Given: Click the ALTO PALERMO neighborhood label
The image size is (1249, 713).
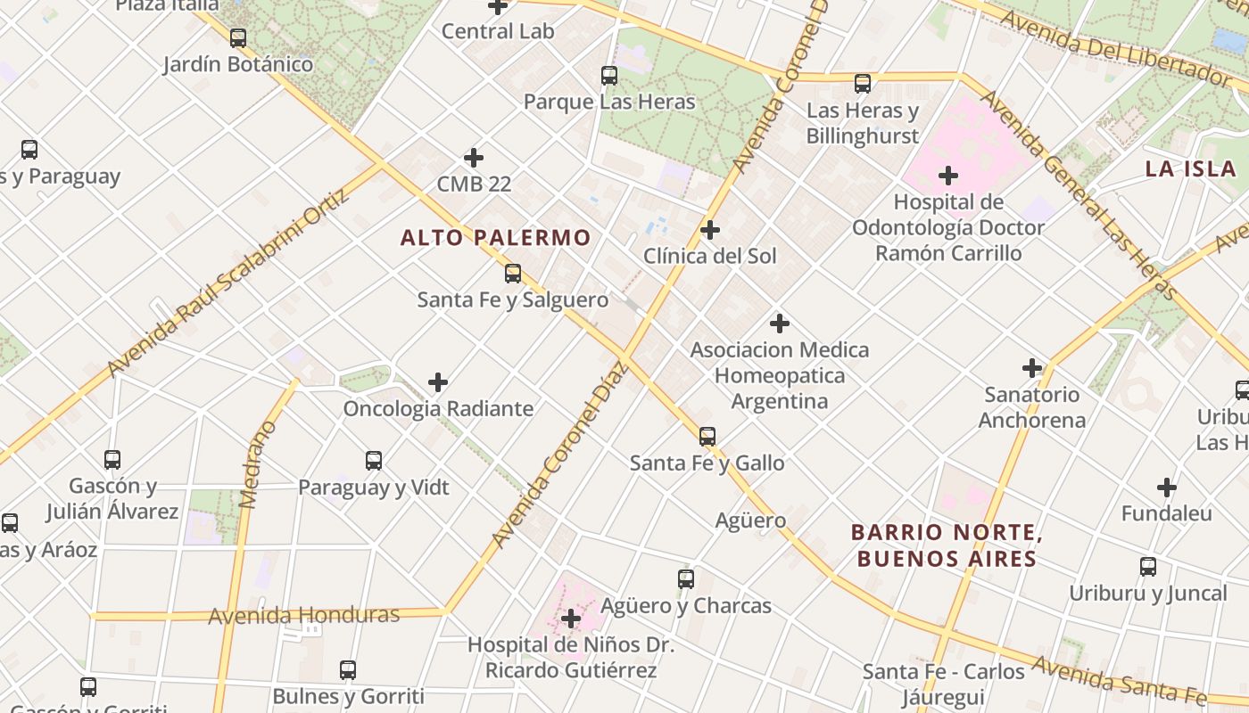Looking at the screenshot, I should (495, 238).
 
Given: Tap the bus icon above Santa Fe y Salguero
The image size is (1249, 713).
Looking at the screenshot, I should (513, 274).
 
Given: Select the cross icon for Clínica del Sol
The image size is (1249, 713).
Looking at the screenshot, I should (710, 230).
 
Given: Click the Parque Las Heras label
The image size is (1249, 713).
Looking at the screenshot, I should (609, 102).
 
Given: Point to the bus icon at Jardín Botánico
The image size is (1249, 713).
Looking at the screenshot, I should (238, 38).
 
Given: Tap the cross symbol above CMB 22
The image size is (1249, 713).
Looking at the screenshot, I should (474, 158).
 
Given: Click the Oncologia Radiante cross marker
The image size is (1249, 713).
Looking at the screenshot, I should (438, 382).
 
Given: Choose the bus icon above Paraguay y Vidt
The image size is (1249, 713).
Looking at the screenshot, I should (374, 461).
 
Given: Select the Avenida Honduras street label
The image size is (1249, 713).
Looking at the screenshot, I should (303, 616).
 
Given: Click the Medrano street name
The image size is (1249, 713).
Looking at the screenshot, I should (259, 465).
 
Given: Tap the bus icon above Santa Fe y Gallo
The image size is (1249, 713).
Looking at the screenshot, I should (707, 437).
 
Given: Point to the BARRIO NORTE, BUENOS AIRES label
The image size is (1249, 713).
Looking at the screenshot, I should (947, 545).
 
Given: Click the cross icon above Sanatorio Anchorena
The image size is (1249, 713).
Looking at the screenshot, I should (1032, 367).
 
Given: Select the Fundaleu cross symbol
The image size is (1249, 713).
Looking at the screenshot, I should (1167, 488).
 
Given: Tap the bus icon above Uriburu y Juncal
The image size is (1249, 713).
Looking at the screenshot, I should (1148, 566).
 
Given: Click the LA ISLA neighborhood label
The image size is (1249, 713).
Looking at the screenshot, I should (1190, 168).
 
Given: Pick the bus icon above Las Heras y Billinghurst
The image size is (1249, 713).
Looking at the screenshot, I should (863, 84).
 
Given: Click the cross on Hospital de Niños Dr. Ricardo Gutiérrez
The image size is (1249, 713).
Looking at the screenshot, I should (571, 619).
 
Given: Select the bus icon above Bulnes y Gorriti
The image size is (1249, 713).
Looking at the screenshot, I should (348, 670).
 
